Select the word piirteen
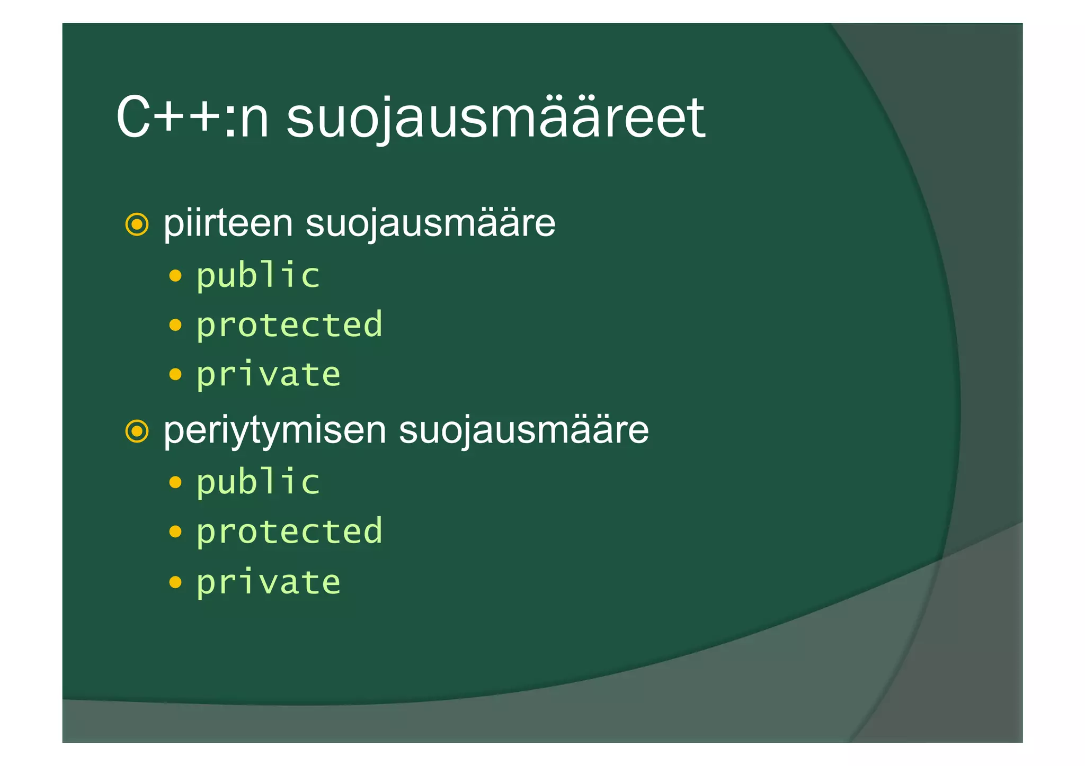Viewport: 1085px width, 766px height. [228, 223]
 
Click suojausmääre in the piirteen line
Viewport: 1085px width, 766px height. [430, 223]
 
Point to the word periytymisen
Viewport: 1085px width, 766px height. [274, 430]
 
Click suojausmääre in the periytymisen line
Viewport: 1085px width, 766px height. [523, 430]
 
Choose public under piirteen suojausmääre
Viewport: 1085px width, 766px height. [259, 275]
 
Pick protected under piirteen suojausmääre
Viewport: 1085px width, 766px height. [289, 325]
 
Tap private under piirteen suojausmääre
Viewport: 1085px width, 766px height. [269, 374]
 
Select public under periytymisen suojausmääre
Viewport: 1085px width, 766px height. [259, 482]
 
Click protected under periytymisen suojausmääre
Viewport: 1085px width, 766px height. [289, 531]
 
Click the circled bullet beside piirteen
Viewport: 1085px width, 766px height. [137, 225]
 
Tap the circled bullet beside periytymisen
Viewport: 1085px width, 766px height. [137, 431]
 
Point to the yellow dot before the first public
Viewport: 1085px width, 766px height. [175, 276]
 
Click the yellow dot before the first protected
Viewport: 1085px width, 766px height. [175, 325]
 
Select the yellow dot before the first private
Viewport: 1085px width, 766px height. [175, 375]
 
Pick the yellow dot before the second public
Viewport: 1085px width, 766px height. [175, 482]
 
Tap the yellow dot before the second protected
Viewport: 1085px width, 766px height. [175, 531]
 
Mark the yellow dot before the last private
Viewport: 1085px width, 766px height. [175, 582]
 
